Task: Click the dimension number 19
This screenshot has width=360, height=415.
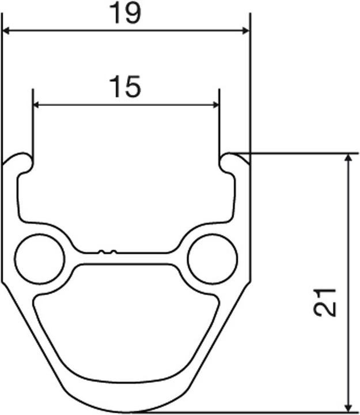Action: click(x=126, y=14)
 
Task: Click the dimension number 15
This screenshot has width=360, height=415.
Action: click(x=125, y=87)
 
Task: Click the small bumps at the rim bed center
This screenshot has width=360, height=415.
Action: click(x=107, y=251)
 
